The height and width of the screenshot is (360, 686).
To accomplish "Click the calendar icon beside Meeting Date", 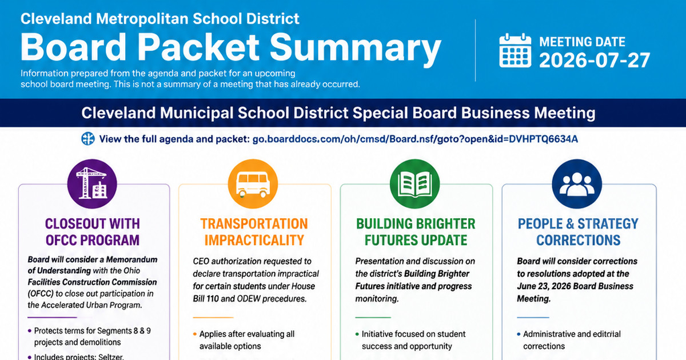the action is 515,50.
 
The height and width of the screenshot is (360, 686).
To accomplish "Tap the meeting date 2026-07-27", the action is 595,61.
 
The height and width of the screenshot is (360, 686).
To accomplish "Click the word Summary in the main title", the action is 355,47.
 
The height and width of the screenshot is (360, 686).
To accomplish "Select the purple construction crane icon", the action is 92,183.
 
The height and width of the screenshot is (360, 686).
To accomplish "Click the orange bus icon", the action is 253,183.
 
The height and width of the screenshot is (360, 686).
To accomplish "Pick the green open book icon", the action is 415,183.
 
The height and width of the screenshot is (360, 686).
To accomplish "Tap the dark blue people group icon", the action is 577,183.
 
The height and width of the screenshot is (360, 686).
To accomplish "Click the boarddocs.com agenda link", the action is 415,139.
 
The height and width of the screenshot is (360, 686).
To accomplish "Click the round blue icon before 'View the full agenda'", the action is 88,139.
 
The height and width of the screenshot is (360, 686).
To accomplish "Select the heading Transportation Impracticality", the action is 254,232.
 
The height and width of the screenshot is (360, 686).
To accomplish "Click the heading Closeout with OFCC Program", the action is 93,232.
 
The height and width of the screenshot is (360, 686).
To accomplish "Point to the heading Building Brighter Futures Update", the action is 416,232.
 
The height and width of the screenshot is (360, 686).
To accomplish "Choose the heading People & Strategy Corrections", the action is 578,232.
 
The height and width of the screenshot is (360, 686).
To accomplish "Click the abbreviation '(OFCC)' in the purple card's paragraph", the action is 41,294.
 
